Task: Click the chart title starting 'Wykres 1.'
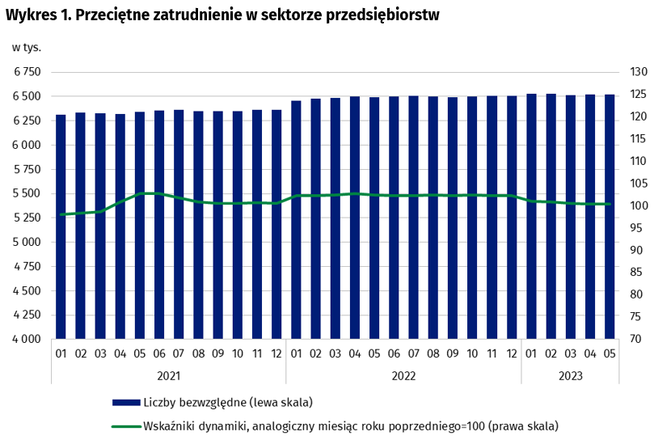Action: tap(222, 15)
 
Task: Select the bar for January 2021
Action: tap(61, 226)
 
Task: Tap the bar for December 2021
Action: tap(276, 224)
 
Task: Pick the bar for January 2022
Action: tap(296, 219)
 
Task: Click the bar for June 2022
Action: tap(394, 218)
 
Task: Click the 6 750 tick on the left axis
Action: tap(27, 73)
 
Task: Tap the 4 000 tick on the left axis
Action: tap(27, 340)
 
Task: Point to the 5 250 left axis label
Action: tap(27, 218)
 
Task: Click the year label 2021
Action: tap(168, 375)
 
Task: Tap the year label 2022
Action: tap(403, 375)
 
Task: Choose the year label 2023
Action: tap(570, 375)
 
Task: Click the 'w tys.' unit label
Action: tap(27, 47)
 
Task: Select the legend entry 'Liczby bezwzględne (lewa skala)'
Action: tap(226, 402)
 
